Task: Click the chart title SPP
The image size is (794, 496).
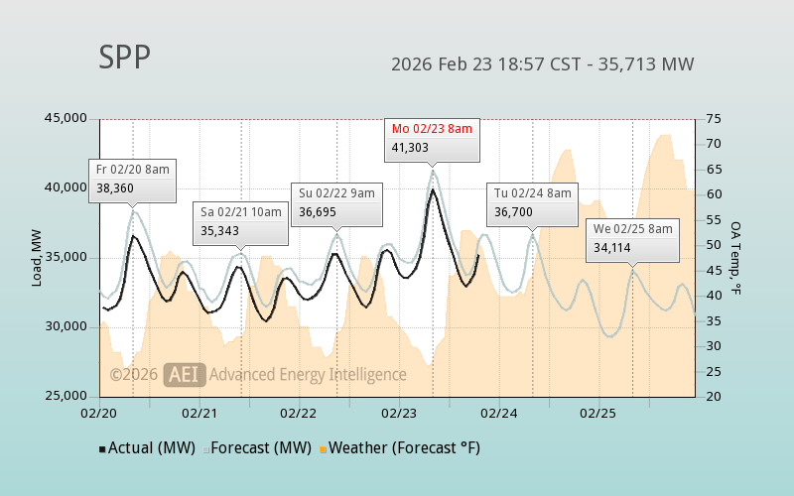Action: [x=124, y=58]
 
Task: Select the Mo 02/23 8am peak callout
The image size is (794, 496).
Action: [x=432, y=139]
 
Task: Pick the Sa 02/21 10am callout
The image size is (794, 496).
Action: [x=241, y=221]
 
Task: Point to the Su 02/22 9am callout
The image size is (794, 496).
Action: [x=336, y=202]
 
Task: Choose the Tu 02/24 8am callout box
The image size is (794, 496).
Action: [x=533, y=202]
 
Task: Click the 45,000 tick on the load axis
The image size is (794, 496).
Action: [x=66, y=118]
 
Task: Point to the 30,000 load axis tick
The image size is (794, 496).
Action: [x=66, y=326]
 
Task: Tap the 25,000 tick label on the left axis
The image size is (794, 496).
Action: [x=66, y=396]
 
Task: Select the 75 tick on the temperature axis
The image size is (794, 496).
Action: [x=714, y=118]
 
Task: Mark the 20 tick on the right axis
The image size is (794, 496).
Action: [x=714, y=396]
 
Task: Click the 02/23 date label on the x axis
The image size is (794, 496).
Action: [x=399, y=412]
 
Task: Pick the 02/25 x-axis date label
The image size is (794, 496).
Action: [x=598, y=412]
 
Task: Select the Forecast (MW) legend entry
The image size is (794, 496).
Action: [x=257, y=447]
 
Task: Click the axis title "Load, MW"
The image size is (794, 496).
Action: [x=37, y=257]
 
